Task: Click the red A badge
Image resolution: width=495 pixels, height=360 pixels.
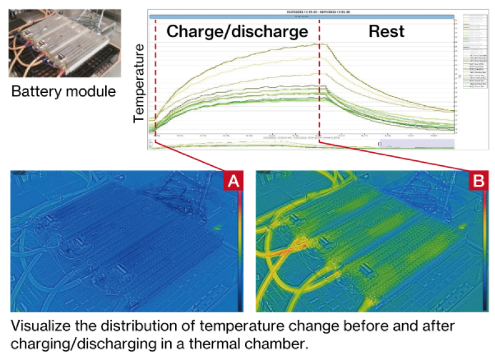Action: pyautogui.click(x=233, y=181)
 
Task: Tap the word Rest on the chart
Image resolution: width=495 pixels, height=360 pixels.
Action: pyautogui.click(x=386, y=32)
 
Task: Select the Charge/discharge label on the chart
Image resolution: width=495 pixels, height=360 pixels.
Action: pyautogui.click(x=237, y=32)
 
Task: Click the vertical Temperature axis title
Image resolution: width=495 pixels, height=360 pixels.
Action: pyautogui.click(x=140, y=84)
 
